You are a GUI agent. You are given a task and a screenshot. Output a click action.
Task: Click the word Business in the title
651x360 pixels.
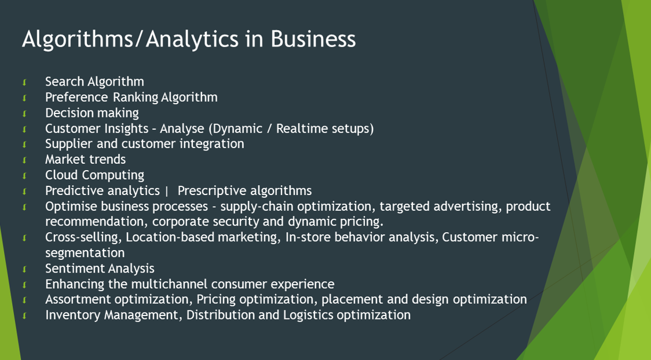(313, 39)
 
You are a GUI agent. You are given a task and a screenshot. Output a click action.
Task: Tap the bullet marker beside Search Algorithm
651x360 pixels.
(25, 82)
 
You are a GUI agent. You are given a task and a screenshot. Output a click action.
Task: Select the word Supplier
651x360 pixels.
(67, 144)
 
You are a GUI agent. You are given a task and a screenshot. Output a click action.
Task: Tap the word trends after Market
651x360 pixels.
(108, 159)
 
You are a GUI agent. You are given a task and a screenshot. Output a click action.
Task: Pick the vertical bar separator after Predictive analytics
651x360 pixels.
(167, 191)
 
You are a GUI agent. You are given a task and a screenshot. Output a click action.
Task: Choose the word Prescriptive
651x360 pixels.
(213, 190)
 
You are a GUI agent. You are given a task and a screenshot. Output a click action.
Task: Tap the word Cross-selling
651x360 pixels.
(83, 237)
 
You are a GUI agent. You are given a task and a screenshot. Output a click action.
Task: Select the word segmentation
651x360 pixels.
(85, 253)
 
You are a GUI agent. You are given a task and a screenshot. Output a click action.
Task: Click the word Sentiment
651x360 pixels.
(75, 269)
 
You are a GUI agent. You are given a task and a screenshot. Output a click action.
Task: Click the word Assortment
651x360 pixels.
(78, 299)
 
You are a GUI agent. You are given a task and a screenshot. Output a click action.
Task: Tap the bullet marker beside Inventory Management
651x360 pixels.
(25, 316)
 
